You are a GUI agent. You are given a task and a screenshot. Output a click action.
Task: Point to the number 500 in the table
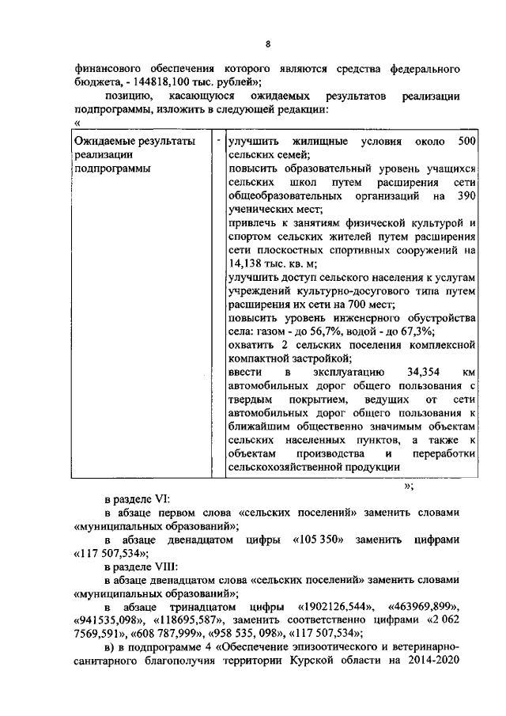(466, 141)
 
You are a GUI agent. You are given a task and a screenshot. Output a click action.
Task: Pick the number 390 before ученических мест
(466, 195)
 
